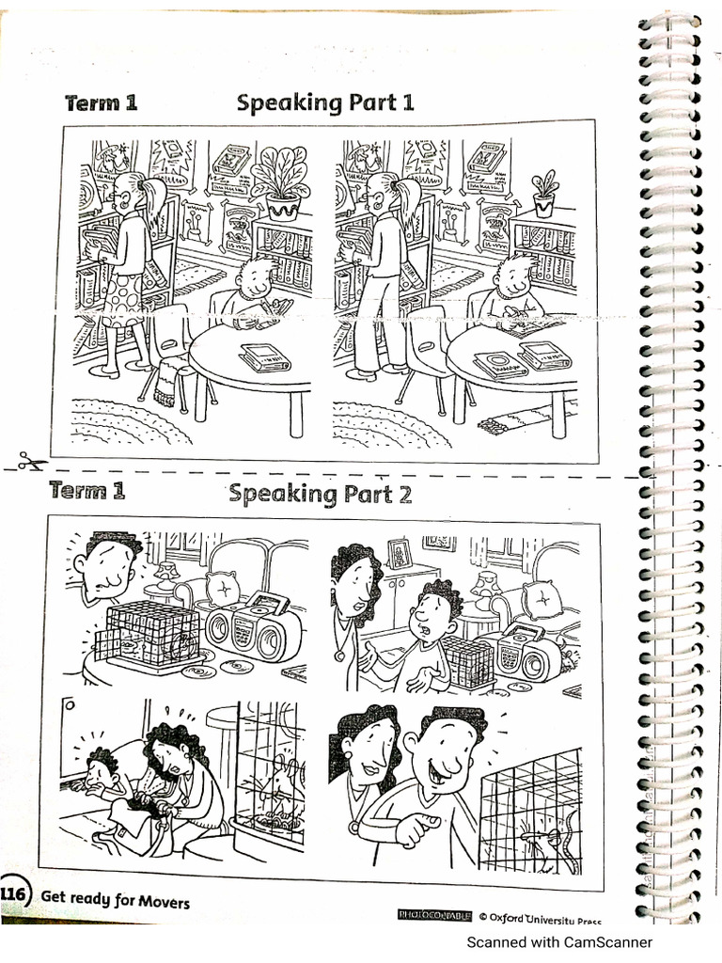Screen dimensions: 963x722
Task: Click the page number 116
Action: pyautogui.click(x=14, y=893)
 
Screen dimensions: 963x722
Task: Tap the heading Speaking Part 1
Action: pyautogui.click(x=324, y=102)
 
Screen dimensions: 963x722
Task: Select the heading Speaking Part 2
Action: pyautogui.click(x=321, y=493)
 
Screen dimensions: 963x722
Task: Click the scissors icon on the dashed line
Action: pyautogui.click(x=31, y=462)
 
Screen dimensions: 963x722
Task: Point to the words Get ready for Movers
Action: pyautogui.click(x=114, y=901)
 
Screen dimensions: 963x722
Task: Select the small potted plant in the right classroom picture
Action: pyautogui.click(x=543, y=193)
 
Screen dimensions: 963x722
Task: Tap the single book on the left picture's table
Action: pyautogui.click(x=264, y=356)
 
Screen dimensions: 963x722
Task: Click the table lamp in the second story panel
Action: pyautogui.click(x=486, y=590)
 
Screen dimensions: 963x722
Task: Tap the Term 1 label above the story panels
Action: pyautogui.click(x=86, y=490)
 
